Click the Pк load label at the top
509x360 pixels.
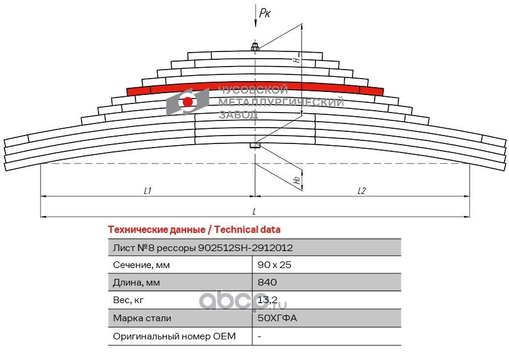pos(265,11)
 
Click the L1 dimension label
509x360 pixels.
pos(147,190)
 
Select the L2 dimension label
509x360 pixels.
pos(361,190)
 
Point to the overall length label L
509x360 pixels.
pos(254,211)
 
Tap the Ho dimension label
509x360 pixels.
pos(296,180)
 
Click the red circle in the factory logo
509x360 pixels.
pos(188,102)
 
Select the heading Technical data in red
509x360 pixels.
pos(193,229)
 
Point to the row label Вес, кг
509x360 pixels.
pos(129,300)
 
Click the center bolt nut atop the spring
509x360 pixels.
pos(255,47)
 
